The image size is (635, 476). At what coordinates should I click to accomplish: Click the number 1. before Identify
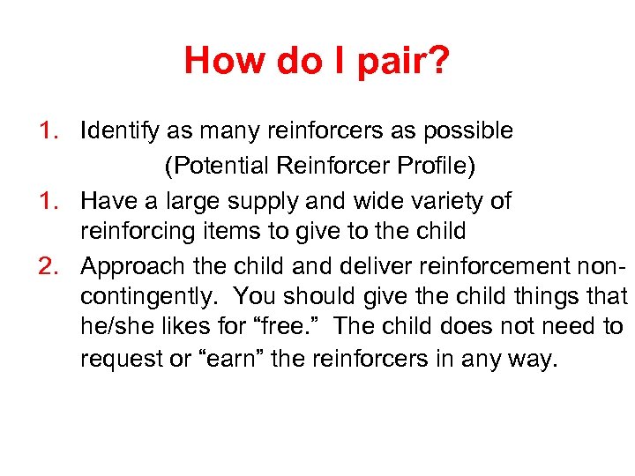point(50,131)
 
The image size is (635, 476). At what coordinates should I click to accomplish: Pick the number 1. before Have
point(50,200)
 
